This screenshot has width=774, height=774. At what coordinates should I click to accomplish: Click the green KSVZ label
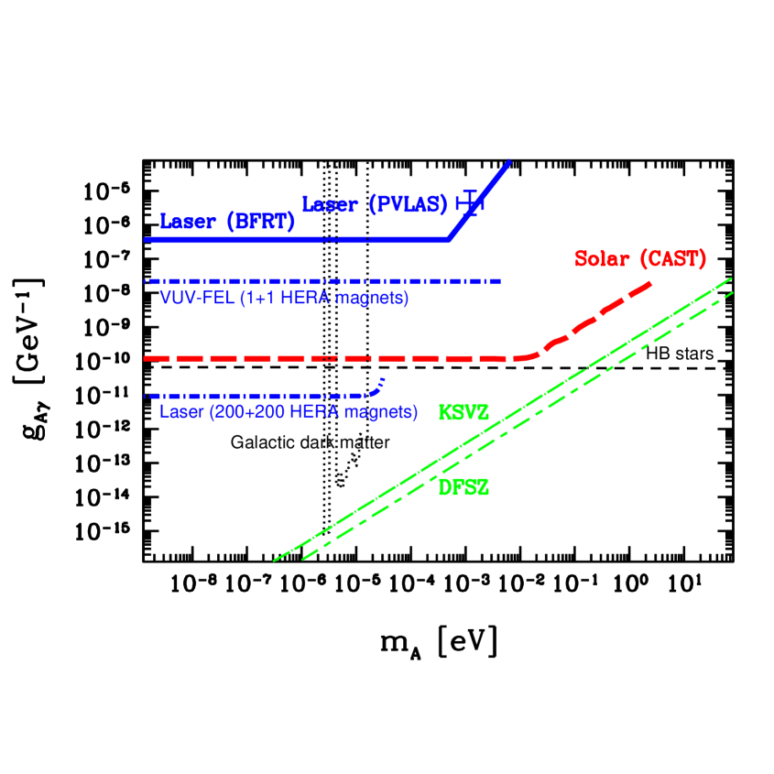point(463,413)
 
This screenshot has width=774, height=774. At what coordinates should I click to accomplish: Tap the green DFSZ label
point(463,488)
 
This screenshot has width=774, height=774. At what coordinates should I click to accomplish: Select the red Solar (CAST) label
point(640,259)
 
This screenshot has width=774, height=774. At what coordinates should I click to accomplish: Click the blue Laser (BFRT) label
point(227,221)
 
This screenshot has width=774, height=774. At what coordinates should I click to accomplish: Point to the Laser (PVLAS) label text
point(374,204)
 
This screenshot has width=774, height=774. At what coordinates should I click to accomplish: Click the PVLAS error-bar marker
point(471,202)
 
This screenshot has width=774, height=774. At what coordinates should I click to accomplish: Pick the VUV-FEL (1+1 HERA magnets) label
point(284,298)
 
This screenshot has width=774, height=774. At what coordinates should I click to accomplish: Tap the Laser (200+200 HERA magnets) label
point(289,411)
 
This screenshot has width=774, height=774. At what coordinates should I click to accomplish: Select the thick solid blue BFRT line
point(275,239)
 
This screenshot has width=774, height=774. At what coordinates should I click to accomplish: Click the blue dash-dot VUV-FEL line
point(321,281)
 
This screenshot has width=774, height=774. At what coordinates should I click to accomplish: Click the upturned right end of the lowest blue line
point(380,382)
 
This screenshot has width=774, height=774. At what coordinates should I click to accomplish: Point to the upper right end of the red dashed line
point(649,284)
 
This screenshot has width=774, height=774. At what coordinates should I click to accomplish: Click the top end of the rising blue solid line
point(508,162)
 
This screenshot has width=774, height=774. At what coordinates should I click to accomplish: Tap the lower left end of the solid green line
point(276,559)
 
